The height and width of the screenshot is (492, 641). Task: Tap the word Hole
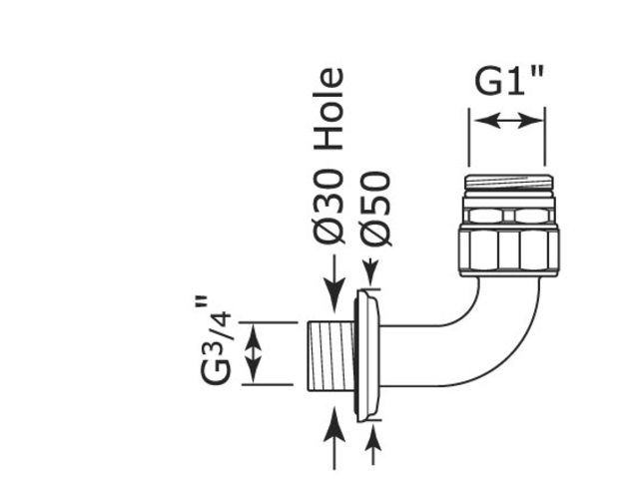[328, 109]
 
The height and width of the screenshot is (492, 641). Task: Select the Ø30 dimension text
[328, 207]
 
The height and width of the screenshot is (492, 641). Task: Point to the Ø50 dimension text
[376, 209]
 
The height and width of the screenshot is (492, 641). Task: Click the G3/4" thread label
[216, 340]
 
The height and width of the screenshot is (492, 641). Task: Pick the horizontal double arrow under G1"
[507, 121]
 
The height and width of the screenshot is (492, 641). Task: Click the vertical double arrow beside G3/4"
[254, 353]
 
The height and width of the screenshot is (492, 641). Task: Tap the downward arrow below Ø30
[334, 283]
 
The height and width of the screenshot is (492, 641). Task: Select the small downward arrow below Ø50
[371, 271]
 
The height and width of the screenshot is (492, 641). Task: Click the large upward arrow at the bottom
[334, 437]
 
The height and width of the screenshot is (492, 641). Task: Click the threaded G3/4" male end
[331, 355]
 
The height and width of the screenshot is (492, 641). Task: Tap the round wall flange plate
[367, 355]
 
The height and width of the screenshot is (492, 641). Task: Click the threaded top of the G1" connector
[509, 185]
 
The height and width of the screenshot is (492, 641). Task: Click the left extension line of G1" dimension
[469, 137]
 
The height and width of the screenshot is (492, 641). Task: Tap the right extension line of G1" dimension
[545, 137]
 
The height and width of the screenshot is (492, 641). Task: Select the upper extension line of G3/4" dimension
[269, 322]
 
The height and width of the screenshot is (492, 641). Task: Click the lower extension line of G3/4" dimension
[268, 384]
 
